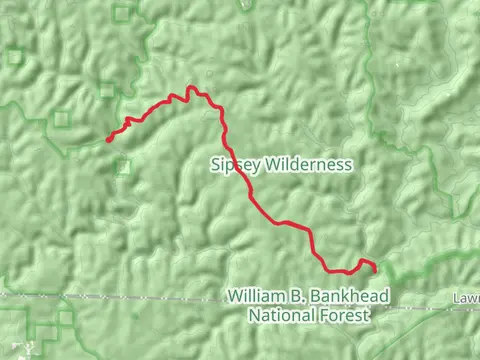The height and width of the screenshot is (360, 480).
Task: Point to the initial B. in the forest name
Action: click(290, 297)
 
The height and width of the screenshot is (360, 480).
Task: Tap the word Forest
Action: click(345, 314)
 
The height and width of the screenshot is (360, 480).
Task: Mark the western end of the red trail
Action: click(108, 141)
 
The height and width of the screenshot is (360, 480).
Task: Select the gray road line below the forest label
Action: click(150, 297)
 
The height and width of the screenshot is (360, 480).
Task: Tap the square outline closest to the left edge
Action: click(14, 56)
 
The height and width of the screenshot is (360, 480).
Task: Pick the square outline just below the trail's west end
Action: click(122, 166)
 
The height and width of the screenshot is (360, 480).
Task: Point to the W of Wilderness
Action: click(269, 164)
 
